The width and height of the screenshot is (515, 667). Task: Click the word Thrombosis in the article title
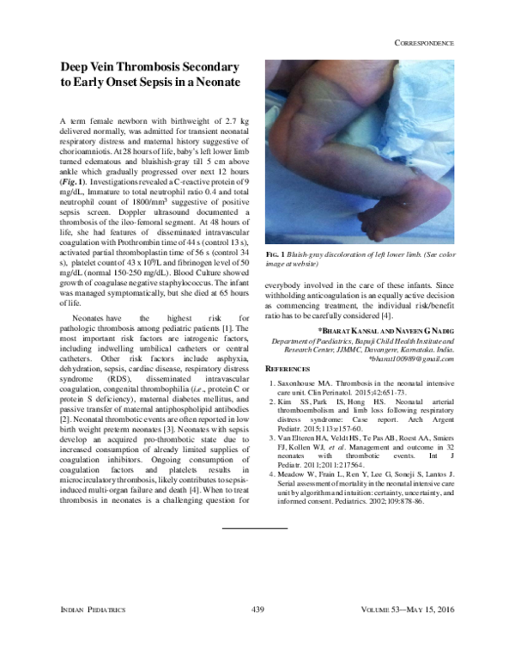pos(178,66)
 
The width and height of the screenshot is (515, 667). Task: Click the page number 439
pos(257,609)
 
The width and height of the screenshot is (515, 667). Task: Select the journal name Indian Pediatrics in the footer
pos(94,609)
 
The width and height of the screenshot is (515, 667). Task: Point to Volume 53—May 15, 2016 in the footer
pos(412,609)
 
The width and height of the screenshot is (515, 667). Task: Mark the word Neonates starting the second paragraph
pos(84,317)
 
